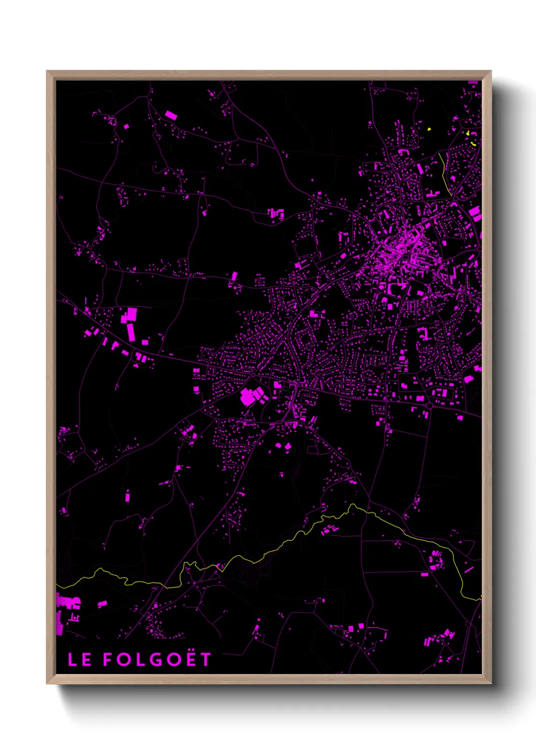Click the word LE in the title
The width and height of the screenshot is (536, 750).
point(80,659)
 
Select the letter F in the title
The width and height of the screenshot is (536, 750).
point(108,659)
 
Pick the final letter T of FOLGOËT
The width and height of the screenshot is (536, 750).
point(205,659)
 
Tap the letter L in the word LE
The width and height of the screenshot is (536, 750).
point(73,659)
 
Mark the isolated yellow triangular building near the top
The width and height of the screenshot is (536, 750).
point(429,129)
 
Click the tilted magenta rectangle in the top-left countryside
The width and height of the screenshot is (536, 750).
point(171,116)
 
